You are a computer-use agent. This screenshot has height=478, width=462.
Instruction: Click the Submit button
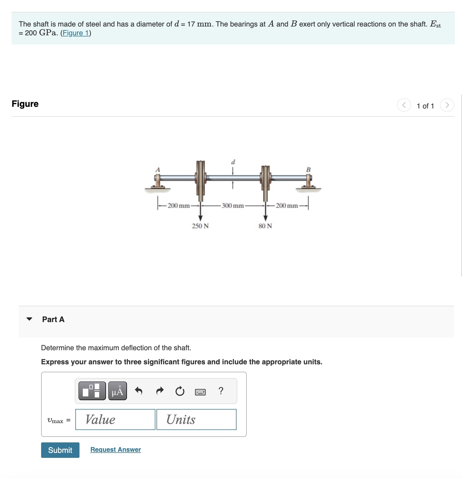tap(60, 450)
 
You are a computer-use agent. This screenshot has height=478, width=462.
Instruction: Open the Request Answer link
tap(115, 450)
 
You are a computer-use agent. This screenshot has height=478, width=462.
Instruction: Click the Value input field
tap(115, 419)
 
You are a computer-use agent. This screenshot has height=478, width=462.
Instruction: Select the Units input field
tap(196, 419)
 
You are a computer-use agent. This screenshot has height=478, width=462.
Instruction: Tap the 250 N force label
tap(200, 226)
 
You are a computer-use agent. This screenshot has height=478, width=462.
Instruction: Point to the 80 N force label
tap(265, 226)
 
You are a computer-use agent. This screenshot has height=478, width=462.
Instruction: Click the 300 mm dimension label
tap(233, 206)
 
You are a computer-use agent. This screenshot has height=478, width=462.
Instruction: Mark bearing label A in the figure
tap(158, 169)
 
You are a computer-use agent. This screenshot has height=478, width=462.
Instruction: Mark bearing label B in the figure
tap(308, 169)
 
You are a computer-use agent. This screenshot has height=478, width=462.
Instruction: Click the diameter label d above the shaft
tap(233, 162)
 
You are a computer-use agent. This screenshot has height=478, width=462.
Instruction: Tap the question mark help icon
tap(221, 391)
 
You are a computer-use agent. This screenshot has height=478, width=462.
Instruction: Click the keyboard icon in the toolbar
tap(200, 392)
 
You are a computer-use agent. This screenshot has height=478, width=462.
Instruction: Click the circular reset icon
tap(180, 391)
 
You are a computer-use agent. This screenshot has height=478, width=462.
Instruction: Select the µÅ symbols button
tap(118, 391)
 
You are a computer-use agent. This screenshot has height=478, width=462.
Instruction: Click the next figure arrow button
tap(447, 105)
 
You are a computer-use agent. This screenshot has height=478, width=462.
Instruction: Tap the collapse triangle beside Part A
tap(29, 319)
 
